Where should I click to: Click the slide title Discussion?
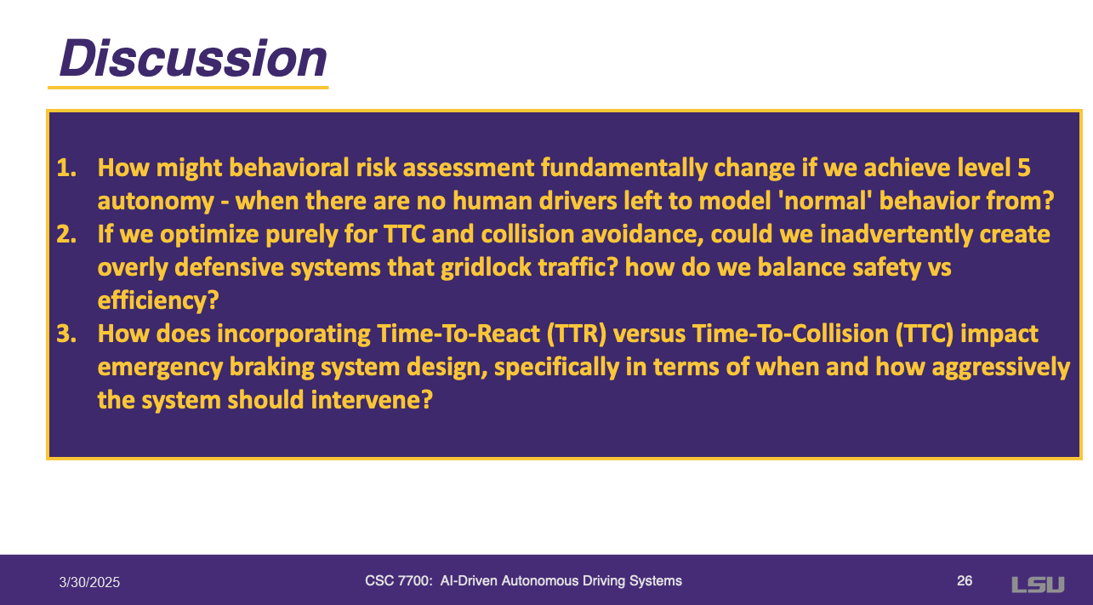(193, 58)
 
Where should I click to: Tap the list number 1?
(66, 168)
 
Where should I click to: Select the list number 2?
(66, 234)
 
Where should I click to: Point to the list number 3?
(66, 334)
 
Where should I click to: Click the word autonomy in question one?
(156, 202)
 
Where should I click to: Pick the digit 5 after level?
(1024, 168)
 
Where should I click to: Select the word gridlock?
(486, 267)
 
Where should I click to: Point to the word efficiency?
(158, 300)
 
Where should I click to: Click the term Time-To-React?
(458, 334)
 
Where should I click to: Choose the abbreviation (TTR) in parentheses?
(576, 334)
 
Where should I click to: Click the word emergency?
(160, 368)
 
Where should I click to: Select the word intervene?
(372, 401)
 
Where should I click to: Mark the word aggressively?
(1001, 368)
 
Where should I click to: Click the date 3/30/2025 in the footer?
(89, 582)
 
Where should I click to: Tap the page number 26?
(965, 581)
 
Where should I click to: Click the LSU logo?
(1038, 585)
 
